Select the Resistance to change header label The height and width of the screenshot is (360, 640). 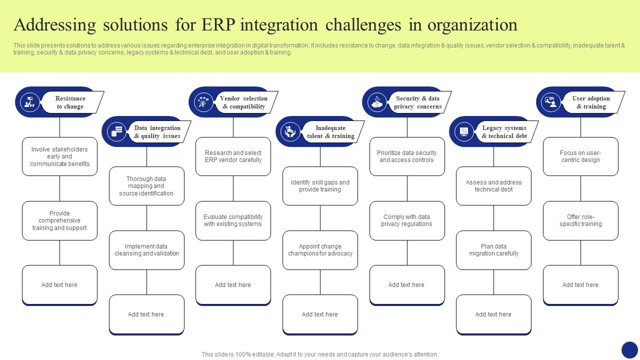point(70,102)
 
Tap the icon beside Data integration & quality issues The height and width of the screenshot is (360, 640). point(116,132)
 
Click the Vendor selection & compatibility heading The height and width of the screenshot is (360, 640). point(244,102)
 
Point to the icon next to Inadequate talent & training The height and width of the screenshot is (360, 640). point(290,132)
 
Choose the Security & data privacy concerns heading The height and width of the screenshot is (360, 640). point(417,102)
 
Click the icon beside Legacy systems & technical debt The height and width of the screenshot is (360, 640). point(464,132)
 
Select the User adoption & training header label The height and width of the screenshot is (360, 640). point(591,102)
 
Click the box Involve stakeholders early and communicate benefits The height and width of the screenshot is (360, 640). point(59,156)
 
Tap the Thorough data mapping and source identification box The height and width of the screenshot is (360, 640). point(146,186)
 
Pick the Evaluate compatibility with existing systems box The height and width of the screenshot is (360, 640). point(233,220)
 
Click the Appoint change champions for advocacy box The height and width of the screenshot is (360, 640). point(320,250)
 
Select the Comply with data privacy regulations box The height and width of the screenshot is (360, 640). point(407,220)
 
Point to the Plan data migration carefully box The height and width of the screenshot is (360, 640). point(493,250)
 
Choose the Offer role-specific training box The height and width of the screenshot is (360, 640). point(580,220)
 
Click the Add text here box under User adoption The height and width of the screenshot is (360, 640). point(580,284)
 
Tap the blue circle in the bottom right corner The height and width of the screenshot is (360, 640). point(629,349)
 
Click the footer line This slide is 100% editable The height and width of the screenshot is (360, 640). point(320,354)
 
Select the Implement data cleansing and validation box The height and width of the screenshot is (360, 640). point(146,250)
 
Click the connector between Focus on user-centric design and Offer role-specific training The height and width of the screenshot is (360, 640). point(580,188)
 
